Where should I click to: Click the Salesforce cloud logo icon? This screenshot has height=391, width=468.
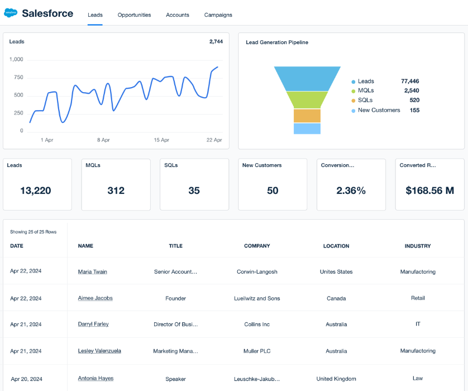(11, 13)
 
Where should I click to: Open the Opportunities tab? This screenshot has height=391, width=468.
(134, 15)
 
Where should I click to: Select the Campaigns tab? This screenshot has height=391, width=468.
(218, 15)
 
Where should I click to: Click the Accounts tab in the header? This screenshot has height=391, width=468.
(178, 15)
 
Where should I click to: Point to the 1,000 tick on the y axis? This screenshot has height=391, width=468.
(17, 59)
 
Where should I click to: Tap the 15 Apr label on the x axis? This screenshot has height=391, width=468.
(161, 140)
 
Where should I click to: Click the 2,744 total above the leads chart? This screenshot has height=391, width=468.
(216, 42)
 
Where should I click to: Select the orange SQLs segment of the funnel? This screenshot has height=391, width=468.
(307, 116)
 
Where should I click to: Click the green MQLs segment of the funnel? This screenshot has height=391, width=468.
(307, 99)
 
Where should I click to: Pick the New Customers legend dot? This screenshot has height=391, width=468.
(353, 111)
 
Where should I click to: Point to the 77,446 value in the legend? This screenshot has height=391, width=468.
(410, 81)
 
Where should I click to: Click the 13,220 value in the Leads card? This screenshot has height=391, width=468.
(36, 190)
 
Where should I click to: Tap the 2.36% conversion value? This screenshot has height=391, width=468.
(351, 190)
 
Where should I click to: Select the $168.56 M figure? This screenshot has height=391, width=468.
(429, 190)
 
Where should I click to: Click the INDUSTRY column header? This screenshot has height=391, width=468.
(418, 246)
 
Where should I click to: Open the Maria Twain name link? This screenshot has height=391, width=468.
(93, 272)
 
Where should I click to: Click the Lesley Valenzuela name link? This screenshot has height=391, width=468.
(99, 351)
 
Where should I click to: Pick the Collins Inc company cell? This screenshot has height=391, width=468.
(257, 325)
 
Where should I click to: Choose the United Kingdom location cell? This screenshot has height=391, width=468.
(336, 379)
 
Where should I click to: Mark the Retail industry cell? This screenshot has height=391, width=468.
(418, 298)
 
